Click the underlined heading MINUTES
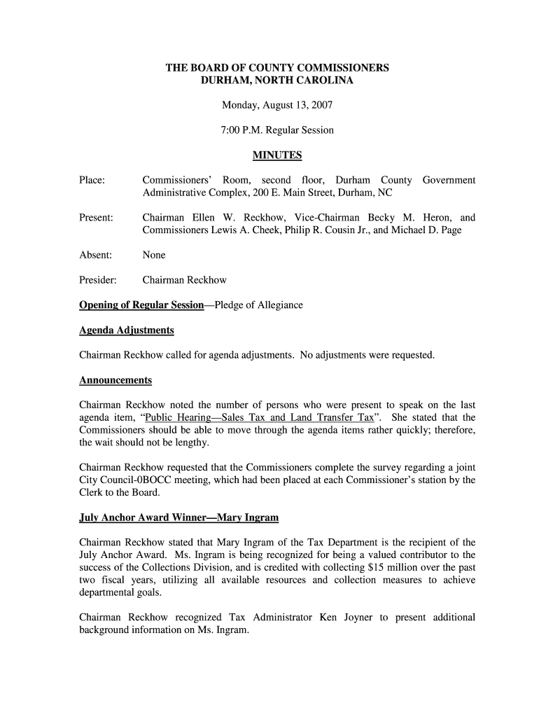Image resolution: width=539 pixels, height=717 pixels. [276, 155]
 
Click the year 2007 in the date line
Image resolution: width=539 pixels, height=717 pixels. [321, 106]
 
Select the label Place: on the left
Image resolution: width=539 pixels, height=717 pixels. [92, 181]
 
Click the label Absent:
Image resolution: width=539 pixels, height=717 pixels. [96, 255]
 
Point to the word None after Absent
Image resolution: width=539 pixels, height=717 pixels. [154, 255]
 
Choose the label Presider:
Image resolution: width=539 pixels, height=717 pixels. [98, 280]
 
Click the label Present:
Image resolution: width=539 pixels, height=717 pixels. [97, 218]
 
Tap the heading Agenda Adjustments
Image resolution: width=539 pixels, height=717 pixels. [127, 330]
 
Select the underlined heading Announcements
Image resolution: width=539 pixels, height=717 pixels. [115, 380]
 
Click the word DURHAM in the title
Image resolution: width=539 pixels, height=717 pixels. [225, 81]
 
